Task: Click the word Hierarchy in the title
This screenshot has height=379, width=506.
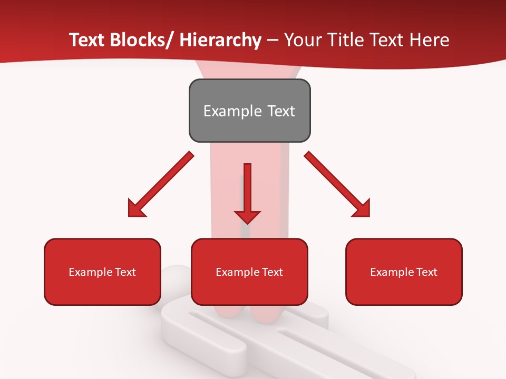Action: [220, 41]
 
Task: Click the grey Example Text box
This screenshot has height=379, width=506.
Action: [249, 111]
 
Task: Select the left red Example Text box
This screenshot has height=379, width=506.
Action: [102, 272]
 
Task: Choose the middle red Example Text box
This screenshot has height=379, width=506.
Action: [249, 272]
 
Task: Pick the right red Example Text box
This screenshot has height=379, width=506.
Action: [404, 272]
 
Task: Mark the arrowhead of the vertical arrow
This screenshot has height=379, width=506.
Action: [247, 215]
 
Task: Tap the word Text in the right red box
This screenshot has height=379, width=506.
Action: [427, 272]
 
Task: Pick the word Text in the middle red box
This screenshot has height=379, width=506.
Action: [273, 272]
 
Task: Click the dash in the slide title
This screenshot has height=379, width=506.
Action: [273, 41]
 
